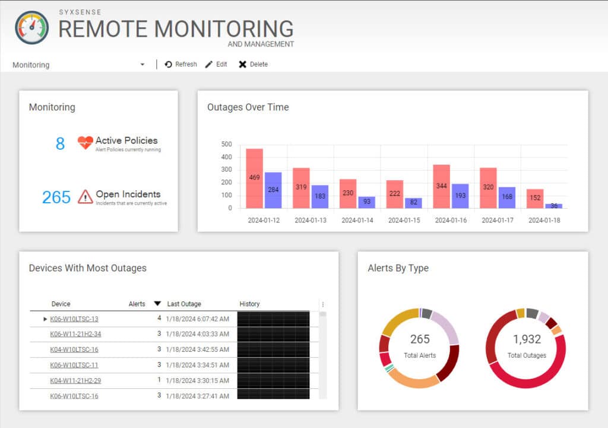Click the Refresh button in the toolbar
(x=180, y=64)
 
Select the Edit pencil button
(x=216, y=64)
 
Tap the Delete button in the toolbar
(x=253, y=64)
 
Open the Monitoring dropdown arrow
(x=142, y=64)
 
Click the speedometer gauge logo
(x=32, y=27)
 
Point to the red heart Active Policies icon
(x=85, y=143)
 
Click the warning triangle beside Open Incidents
(x=85, y=196)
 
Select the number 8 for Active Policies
(x=60, y=143)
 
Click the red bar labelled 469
(x=254, y=178)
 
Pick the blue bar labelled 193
(x=460, y=196)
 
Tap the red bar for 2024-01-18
(x=535, y=199)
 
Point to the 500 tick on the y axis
(x=226, y=144)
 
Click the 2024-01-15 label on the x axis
(x=404, y=220)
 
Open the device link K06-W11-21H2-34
(x=75, y=334)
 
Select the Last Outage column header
(x=184, y=304)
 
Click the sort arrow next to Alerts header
(x=157, y=304)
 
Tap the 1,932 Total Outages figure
(x=526, y=339)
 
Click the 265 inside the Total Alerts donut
(x=420, y=339)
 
